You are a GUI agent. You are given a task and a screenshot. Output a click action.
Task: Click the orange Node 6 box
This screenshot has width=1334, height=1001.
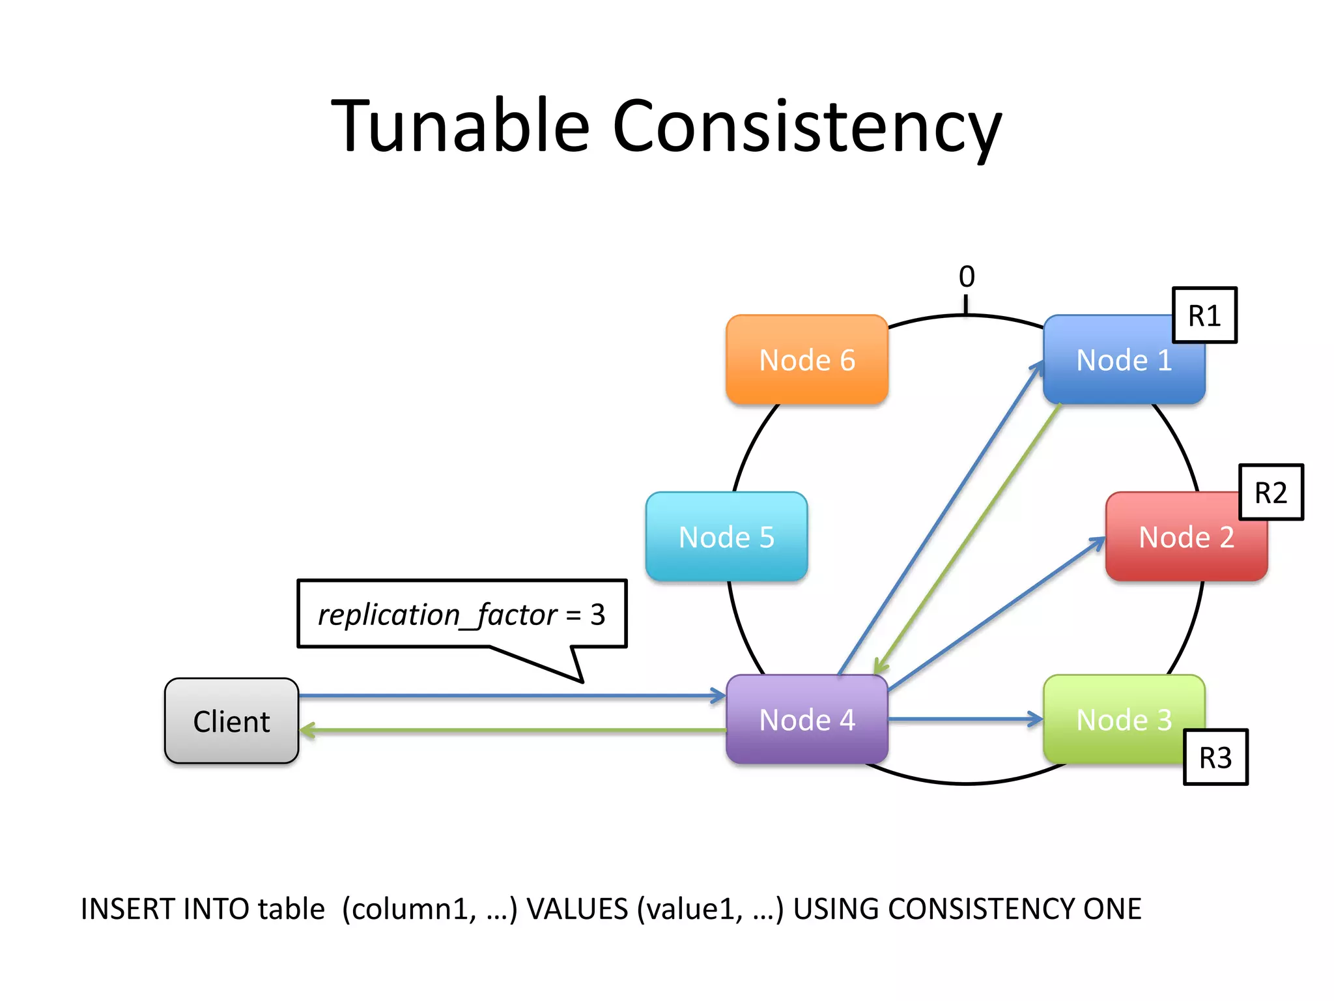tap(806, 360)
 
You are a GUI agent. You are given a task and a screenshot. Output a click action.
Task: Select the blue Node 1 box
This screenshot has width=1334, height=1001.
tap(1123, 360)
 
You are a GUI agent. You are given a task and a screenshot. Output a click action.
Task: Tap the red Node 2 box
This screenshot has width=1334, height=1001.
tap(1185, 537)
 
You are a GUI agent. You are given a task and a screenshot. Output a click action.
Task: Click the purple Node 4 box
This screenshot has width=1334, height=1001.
tap(806, 719)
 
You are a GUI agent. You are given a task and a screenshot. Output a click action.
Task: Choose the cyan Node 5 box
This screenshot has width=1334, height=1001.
tap(726, 537)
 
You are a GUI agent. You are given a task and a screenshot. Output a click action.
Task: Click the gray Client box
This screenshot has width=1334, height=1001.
tap(231, 721)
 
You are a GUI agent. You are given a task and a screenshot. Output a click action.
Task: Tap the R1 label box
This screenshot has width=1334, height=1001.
tap(1204, 315)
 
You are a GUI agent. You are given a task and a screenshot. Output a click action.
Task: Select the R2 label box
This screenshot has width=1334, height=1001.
tap(1270, 493)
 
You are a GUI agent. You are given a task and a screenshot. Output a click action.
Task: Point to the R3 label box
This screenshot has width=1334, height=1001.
tap(1215, 757)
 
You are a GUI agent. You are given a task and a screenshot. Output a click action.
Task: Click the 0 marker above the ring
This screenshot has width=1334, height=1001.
tap(967, 277)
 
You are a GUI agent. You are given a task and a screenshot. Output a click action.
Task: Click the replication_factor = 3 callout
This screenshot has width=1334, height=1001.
tap(461, 614)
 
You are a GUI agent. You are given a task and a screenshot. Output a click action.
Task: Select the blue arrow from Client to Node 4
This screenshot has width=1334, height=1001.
tap(511, 696)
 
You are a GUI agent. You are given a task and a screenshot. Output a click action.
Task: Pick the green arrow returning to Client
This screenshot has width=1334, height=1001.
tap(511, 731)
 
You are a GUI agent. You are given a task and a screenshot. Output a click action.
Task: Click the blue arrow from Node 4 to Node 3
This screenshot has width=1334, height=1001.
tap(964, 719)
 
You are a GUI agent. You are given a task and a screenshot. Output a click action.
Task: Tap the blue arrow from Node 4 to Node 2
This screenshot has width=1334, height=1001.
tap(997, 613)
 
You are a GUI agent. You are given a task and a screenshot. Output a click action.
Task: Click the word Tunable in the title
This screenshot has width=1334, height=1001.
tap(460, 125)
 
